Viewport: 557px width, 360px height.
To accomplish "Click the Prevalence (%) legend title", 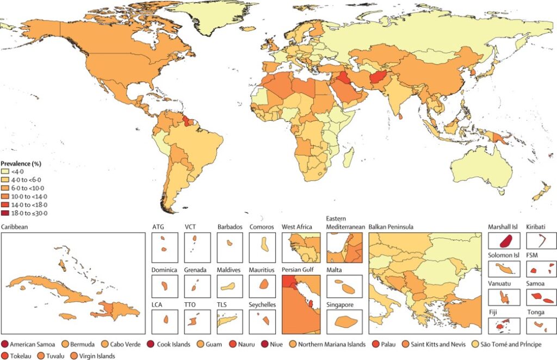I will [22, 163].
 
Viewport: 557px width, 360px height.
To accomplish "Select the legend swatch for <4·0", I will [5, 171].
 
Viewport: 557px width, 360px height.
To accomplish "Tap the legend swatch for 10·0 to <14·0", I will [5, 196].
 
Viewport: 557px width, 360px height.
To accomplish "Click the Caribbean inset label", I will [14, 226].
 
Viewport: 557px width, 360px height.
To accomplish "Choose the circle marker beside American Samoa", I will [5, 344].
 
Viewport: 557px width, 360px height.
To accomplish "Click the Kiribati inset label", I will [535, 226].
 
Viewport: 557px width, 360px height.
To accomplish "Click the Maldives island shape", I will [228, 285].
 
